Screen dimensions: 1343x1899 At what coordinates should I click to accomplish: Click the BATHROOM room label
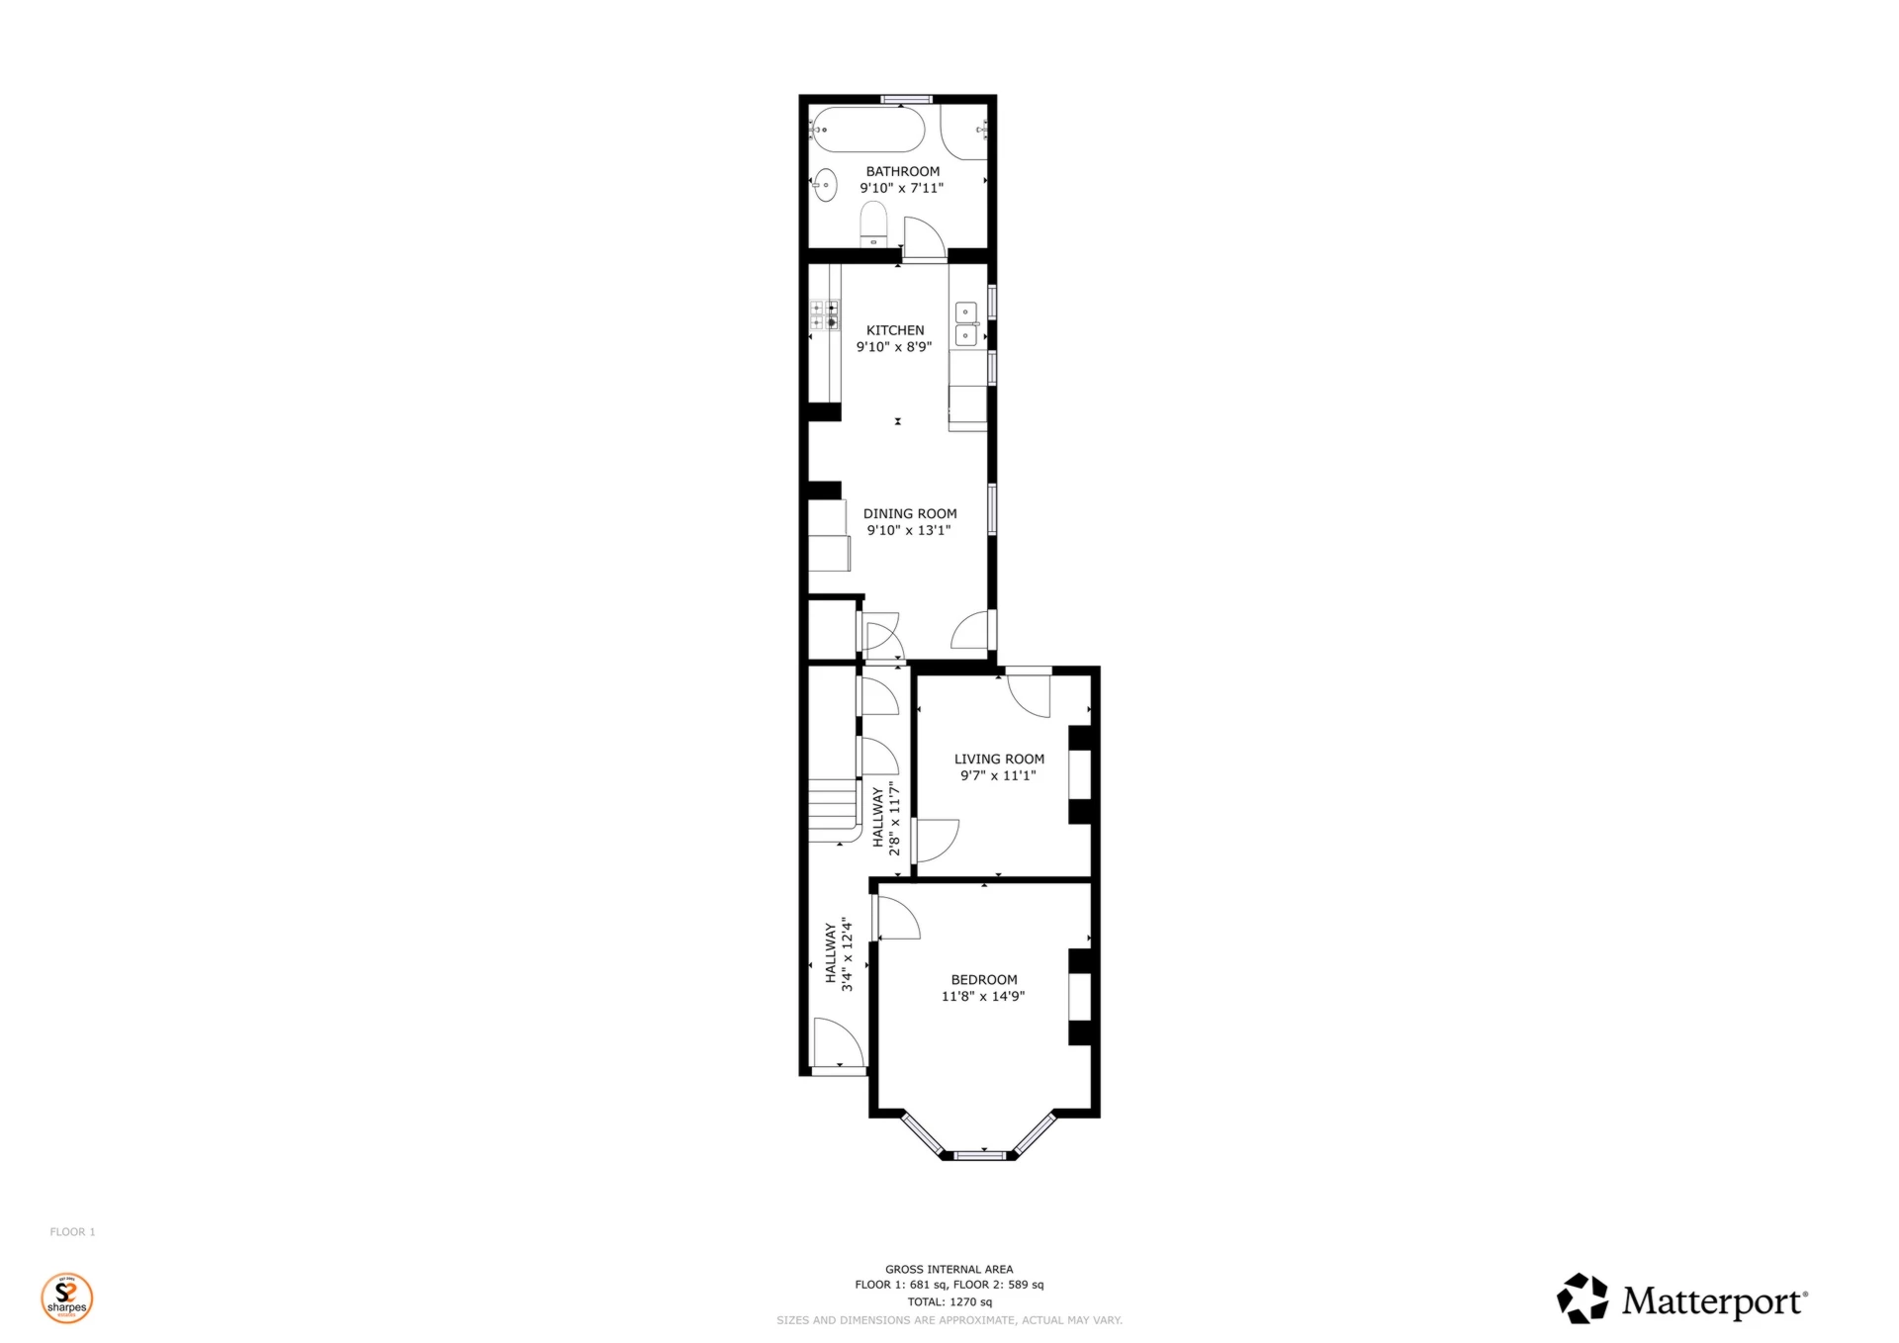point(902,171)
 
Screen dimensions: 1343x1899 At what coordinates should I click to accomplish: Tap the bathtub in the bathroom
point(867,130)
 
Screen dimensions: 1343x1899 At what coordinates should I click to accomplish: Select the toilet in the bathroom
point(873,223)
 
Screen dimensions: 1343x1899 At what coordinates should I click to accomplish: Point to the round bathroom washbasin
point(825,184)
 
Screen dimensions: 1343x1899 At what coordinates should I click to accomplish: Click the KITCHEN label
point(895,330)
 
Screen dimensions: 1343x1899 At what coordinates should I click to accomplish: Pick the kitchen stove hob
point(824,314)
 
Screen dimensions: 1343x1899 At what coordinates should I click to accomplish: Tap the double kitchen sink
point(965,324)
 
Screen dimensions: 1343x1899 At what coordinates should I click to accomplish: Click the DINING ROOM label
point(910,513)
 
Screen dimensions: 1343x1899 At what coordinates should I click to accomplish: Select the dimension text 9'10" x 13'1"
point(909,530)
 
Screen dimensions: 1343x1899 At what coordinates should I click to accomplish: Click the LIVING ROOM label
point(999,759)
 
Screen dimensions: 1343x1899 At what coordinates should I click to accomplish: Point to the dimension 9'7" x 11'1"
point(998,775)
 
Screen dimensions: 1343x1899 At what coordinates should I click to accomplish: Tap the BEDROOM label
point(984,979)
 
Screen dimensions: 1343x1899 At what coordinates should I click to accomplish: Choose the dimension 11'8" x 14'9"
point(983,996)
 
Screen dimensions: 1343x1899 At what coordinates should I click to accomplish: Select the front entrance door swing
point(837,1043)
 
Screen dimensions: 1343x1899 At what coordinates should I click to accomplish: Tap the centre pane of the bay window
point(979,1153)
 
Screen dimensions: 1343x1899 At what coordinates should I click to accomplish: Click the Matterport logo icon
point(1582,1298)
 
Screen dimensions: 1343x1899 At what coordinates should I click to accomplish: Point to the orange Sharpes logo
point(67,1298)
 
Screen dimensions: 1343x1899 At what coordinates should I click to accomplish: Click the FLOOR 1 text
point(72,1231)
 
